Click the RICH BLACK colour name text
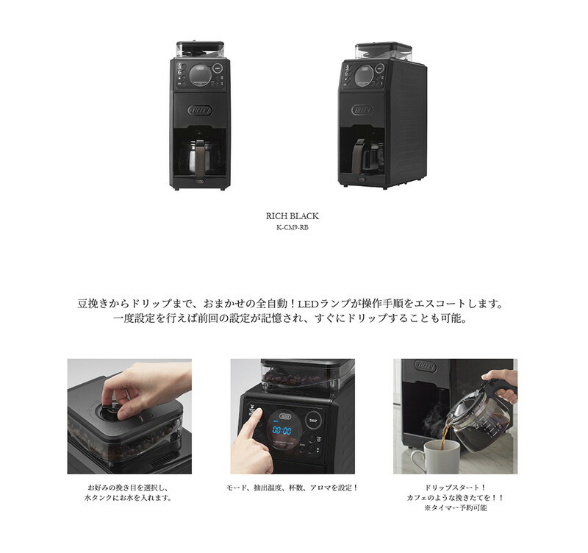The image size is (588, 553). click(292, 216)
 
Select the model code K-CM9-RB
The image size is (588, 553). click(292, 227)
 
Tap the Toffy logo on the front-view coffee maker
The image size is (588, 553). click(200, 110)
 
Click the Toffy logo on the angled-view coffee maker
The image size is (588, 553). click(362, 110)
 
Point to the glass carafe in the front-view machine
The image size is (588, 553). click(198, 157)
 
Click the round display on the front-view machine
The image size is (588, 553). click(199, 75)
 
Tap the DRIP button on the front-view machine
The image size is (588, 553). click(218, 68)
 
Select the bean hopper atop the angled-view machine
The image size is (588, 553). click(383, 51)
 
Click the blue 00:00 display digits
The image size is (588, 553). click(282, 430)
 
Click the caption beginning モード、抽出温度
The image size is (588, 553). click(292, 488)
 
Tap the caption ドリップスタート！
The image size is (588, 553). click(455, 488)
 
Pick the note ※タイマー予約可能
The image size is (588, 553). click(455, 508)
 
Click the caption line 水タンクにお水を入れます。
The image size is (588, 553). click(129, 498)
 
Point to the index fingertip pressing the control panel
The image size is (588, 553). click(259, 413)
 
